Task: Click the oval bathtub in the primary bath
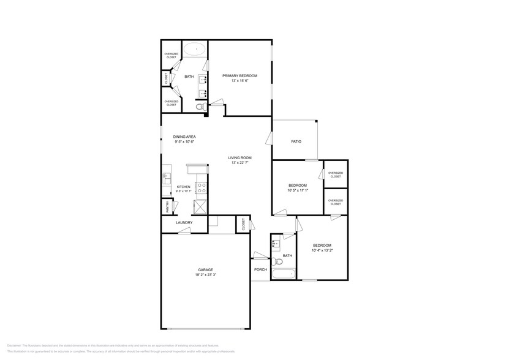pos(196,49)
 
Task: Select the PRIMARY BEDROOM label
pos(239,75)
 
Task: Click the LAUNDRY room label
pos(184,222)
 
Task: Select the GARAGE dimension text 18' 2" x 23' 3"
pos(205,275)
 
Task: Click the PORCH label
pos(260,269)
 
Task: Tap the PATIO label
pos(296,141)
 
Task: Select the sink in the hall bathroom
pos(275,243)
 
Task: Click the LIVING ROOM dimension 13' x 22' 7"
pos(241,163)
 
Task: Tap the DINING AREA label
pos(184,137)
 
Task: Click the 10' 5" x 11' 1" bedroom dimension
pos(298,190)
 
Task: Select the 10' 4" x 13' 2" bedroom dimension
pos(322,250)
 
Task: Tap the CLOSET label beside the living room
pos(243,224)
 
